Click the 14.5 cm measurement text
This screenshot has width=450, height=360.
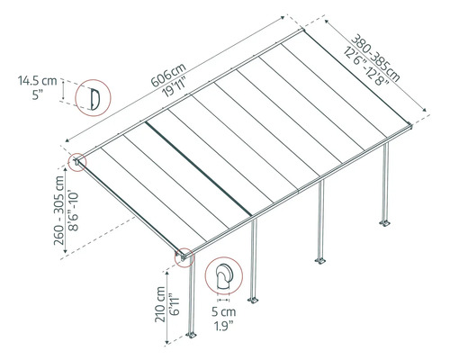coord(36,81)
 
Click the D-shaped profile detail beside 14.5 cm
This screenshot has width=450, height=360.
coord(91,98)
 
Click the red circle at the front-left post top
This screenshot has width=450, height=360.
coord(184,258)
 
